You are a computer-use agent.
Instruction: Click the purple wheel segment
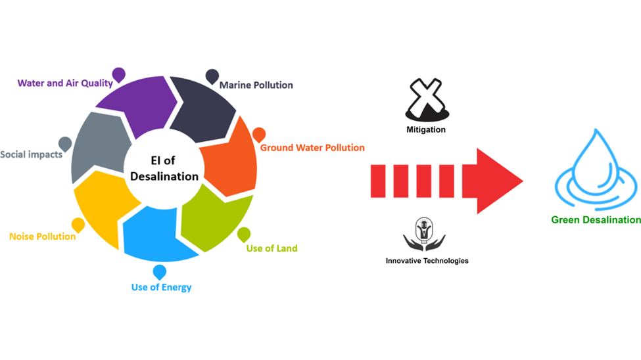pos(137,104)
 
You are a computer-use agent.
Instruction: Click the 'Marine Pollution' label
pos(256,85)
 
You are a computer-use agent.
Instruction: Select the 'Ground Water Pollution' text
pos(312,148)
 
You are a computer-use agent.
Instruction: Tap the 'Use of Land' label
pos(272,248)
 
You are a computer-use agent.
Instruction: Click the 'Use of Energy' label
pos(162,287)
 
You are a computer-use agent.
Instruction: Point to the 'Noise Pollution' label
pos(43,236)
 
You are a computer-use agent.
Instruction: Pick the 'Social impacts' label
pos(32,154)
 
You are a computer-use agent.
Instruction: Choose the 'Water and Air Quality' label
pos(65,83)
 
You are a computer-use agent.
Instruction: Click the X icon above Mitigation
pos(427,100)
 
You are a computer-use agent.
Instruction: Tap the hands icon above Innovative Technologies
pos(424,234)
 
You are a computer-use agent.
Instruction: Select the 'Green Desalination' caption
pos(596,220)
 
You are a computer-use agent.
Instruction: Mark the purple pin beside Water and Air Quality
pos(118,75)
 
